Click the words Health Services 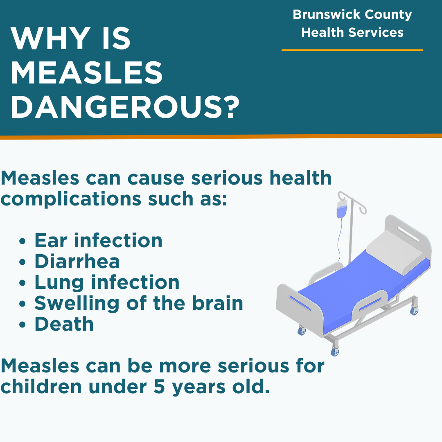[x=352, y=32]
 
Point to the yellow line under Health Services [x=352, y=50]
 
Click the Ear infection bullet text [x=98, y=241]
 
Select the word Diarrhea [x=77, y=261]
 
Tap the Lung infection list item [x=107, y=282]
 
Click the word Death [x=64, y=324]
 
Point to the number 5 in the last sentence [x=159, y=386]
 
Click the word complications [x=71, y=199]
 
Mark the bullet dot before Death [x=22, y=325]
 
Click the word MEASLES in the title [x=86, y=73]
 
